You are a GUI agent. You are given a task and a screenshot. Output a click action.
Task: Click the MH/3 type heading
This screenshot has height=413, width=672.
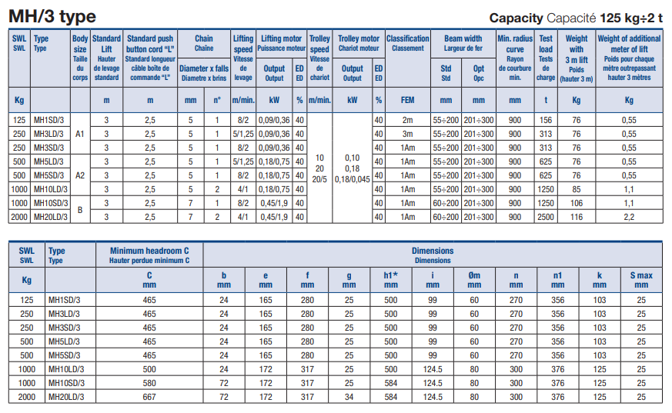pyautogui.click(x=52, y=16)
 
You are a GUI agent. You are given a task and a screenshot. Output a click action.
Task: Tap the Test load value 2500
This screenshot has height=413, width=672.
pyautogui.click(x=546, y=217)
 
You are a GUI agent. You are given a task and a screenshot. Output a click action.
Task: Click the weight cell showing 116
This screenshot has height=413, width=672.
pyautogui.click(x=576, y=217)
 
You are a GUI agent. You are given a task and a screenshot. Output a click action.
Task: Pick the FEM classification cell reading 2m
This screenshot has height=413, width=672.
pyautogui.click(x=407, y=119)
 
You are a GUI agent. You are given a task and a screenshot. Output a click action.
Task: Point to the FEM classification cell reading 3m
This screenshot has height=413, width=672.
pyautogui.click(x=407, y=133)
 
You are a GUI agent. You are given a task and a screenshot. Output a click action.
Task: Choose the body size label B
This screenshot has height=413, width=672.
pyautogui.click(x=80, y=210)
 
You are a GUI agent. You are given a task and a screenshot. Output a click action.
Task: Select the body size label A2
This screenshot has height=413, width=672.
pyautogui.click(x=80, y=175)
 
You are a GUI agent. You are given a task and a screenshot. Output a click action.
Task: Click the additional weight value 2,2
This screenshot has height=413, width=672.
pyautogui.click(x=629, y=217)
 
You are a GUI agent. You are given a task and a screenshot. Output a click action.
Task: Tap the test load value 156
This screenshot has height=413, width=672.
pyautogui.click(x=546, y=119)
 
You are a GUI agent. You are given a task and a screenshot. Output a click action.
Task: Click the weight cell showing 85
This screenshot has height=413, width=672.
pyautogui.click(x=576, y=189)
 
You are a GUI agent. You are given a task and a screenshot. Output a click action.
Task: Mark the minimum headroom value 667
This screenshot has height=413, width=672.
pyautogui.click(x=149, y=396)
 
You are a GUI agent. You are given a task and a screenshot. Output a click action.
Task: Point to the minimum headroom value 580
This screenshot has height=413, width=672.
pyautogui.click(x=149, y=382)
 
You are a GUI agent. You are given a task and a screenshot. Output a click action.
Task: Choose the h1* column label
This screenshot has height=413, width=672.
pyautogui.click(x=390, y=275)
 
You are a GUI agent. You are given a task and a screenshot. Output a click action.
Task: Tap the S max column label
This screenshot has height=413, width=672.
pyautogui.click(x=641, y=275)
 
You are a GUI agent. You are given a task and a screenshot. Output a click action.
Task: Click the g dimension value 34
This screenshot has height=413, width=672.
pyautogui.click(x=350, y=396)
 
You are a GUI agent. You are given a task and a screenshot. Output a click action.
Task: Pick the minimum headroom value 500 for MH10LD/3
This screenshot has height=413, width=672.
pyautogui.click(x=149, y=368)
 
